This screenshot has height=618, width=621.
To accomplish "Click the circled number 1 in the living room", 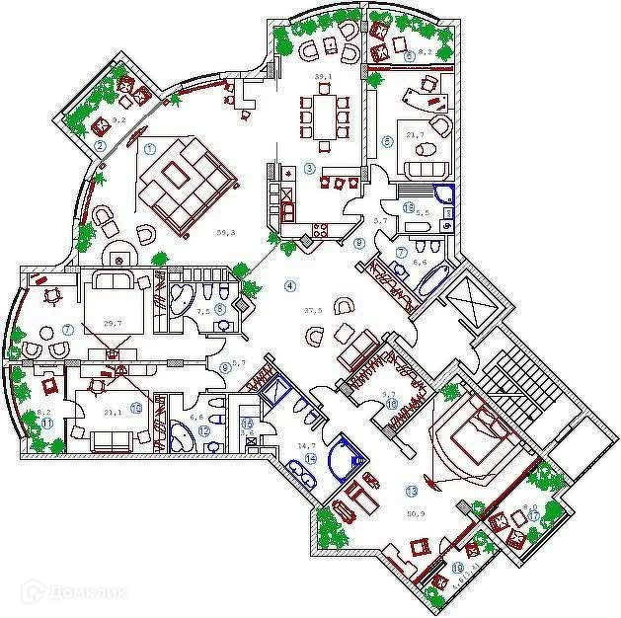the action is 150,149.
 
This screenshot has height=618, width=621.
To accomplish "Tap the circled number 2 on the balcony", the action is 100,146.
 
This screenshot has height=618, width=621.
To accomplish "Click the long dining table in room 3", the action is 323,109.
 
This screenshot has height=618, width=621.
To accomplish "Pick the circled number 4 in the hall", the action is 289,286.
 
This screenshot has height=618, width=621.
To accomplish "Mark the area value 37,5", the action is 314,310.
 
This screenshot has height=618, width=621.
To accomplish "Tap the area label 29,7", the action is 112,323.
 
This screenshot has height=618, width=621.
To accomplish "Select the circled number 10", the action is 135,406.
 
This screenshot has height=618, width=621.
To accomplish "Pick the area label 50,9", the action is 417,513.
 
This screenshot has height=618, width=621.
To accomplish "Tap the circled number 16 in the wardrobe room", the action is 392,404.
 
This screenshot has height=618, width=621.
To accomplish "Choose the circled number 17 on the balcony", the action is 534,514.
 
